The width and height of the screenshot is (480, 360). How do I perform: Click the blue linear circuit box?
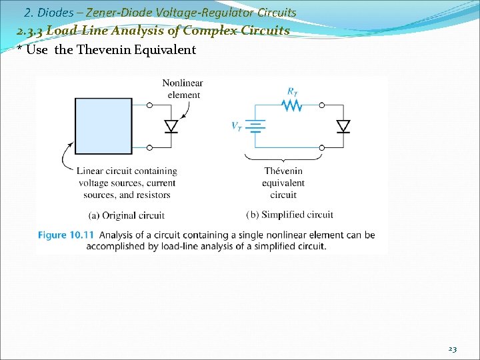click(x=103, y=126)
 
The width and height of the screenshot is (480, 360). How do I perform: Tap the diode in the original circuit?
click(x=171, y=126)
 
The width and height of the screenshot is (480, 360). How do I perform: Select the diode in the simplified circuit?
click(x=343, y=126)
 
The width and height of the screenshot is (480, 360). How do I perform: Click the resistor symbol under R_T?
click(x=291, y=105)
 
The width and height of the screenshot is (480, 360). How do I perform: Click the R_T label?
click(x=292, y=91)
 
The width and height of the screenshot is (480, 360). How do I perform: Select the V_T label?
click(x=237, y=126)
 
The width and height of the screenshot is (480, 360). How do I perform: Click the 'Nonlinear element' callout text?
click(x=183, y=89)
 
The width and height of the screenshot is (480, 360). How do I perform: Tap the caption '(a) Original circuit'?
click(x=126, y=215)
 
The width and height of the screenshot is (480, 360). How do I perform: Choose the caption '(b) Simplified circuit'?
click(x=289, y=215)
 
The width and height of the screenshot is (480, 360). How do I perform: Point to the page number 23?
click(x=452, y=349)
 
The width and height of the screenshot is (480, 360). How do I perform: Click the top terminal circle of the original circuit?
click(x=149, y=105)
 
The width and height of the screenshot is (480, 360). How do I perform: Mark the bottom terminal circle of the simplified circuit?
click(x=322, y=147)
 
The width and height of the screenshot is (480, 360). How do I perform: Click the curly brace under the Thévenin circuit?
click(x=283, y=157)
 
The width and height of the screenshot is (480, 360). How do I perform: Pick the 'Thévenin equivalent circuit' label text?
click(x=283, y=183)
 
